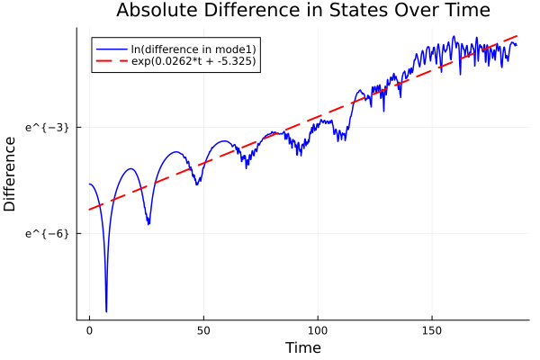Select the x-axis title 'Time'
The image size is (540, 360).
point(302,347)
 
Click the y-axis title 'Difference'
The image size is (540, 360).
point(11,174)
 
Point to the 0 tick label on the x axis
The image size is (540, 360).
point(89,331)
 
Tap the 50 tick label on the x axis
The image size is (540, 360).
point(203,331)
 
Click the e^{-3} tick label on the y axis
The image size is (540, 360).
point(47,127)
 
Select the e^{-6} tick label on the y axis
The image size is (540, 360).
point(47,233)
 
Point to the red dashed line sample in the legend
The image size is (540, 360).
point(112,62)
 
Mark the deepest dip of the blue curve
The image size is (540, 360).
point(106,311)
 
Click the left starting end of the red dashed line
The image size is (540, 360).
point(89,210)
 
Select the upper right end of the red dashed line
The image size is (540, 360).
point(517,35)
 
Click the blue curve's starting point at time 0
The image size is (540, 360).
point(89,184)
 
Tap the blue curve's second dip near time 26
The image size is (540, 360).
point(148,224)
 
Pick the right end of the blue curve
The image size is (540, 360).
point(517,44)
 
